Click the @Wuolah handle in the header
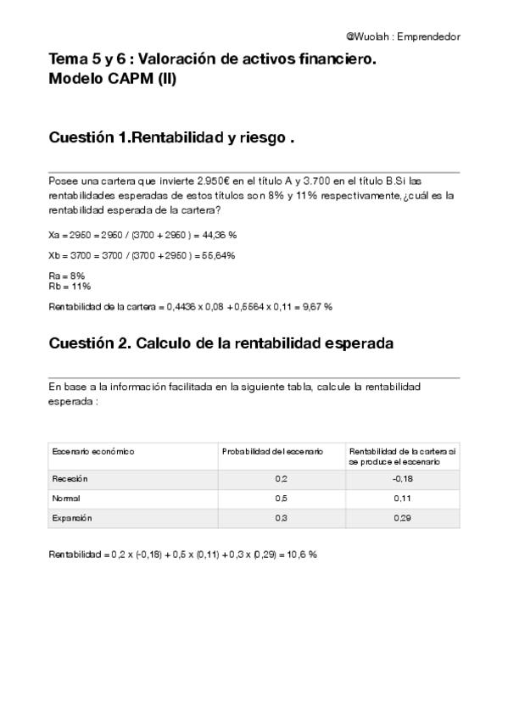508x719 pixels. [x=368, y=37]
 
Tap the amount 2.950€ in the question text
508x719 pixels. [x=213, y=181]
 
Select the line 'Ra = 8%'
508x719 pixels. [x=68, y=276]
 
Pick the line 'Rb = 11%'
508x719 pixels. [x=70, y=286]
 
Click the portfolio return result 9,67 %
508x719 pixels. [x=316, y=306]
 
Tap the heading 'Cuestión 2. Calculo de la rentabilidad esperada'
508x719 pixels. [x=221, y=343]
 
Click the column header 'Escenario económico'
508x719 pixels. [x=93, y=452]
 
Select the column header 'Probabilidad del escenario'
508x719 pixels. [x=272, y=452]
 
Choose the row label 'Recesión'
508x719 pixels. [x=70, y=479]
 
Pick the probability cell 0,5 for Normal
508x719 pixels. [x=281, y=499]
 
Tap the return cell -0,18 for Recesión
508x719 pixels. [x=402, y=479]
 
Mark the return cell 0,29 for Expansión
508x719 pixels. [x=402, y=517]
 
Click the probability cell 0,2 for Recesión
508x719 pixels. [x=281, y=479]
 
